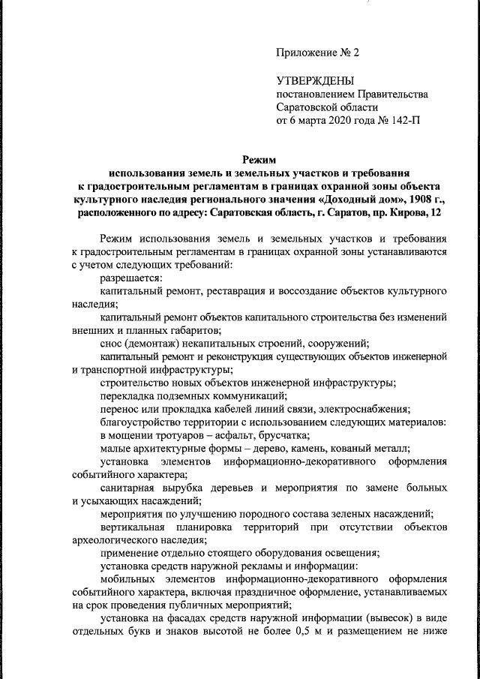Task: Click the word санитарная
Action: point(127,487)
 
